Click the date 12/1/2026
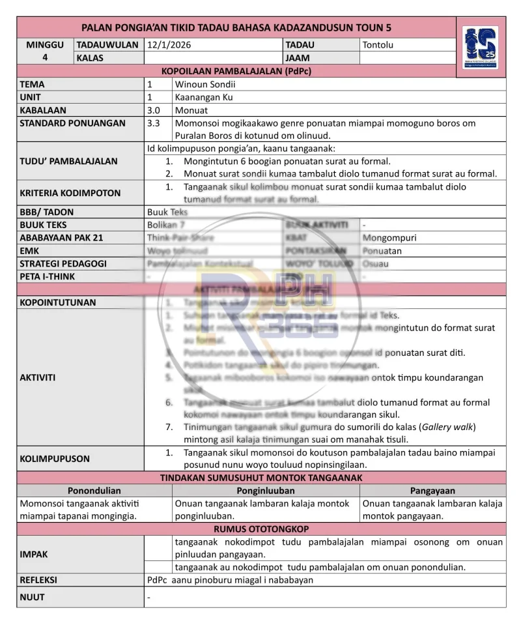169,45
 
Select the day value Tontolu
378,45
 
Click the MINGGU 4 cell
45,51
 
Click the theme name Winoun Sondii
205,84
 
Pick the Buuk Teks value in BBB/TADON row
167,212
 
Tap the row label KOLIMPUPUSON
55,459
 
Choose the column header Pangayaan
432,491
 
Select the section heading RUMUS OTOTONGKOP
261,529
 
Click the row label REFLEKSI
38,580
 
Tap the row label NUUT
32,597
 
